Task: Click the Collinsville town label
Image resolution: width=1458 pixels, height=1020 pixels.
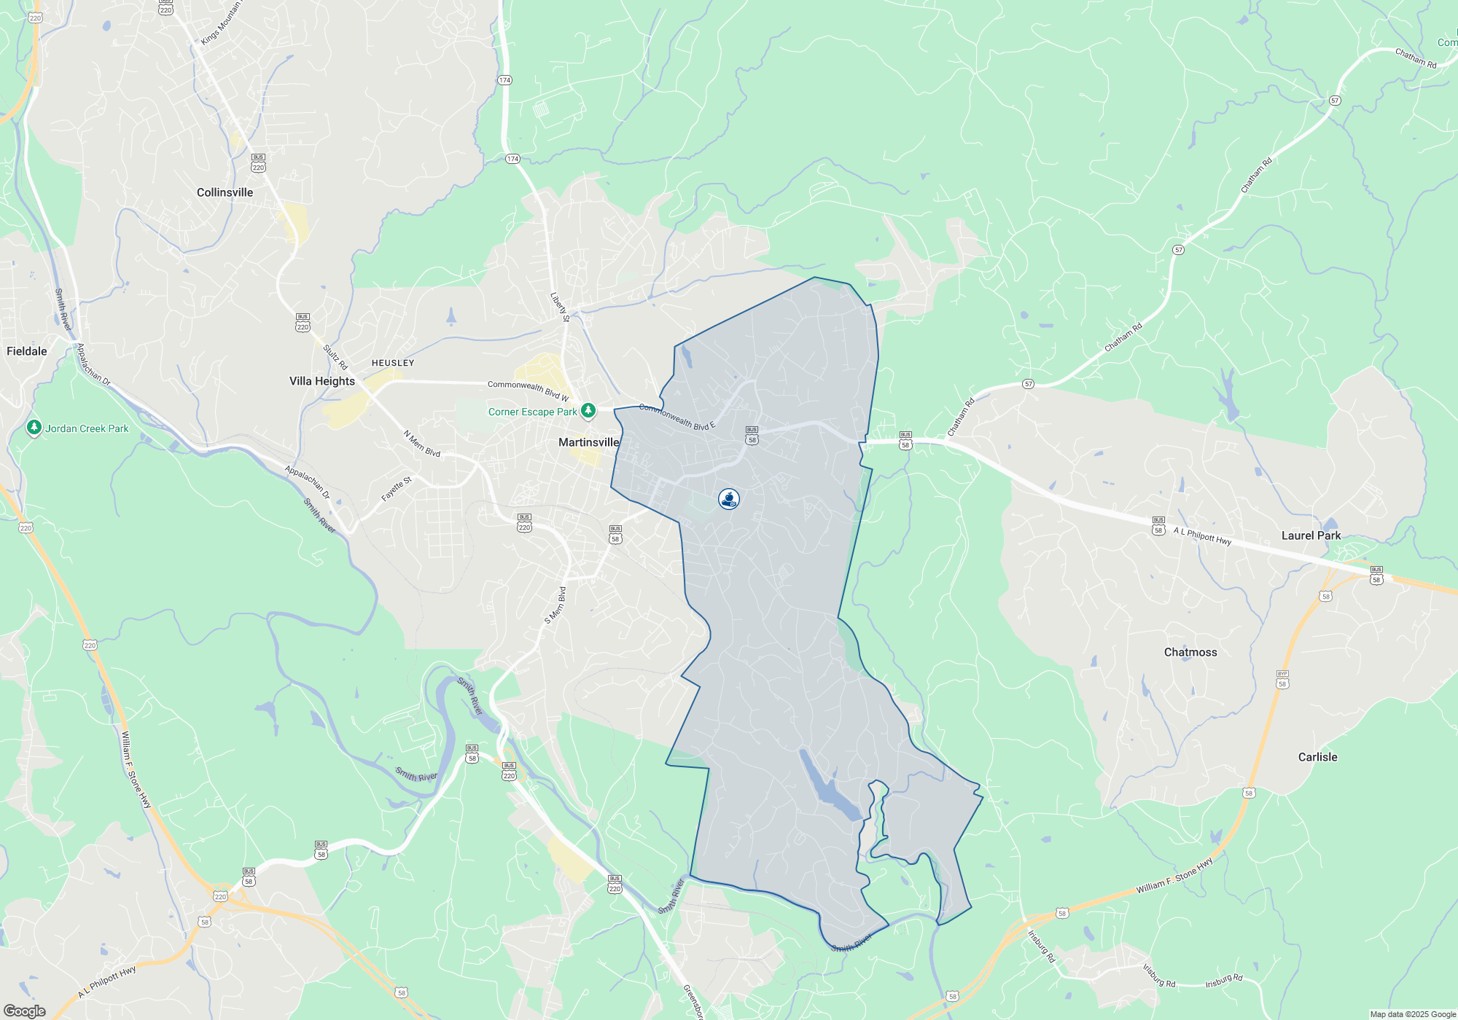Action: (225, 192)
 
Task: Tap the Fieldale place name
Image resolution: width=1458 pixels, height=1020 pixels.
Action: (27, 351)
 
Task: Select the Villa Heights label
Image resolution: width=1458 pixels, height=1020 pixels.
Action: (321, 381)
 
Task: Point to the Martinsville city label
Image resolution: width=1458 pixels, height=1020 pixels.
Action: (588, 442)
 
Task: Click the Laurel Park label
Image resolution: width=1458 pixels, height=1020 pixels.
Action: (1311, 535)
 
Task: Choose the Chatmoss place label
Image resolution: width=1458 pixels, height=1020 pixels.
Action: (1190, 652)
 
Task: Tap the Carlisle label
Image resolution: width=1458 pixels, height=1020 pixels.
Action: (1317, 757)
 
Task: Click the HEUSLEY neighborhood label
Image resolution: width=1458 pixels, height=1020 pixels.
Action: (392, 363)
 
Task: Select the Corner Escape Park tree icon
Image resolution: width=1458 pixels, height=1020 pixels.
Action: (588, 411)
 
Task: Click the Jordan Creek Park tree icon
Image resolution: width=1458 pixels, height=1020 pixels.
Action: (34, 428)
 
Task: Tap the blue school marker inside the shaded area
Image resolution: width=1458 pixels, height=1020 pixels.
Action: (728, 499)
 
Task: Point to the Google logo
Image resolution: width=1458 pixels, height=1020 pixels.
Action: (24, 1011)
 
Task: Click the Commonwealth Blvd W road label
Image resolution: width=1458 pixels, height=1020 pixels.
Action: (528, 390)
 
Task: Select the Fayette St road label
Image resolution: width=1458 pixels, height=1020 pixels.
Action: (397, 489)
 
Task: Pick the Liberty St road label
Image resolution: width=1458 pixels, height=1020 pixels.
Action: (560, 307)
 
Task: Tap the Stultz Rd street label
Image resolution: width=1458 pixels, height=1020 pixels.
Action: (335, 357)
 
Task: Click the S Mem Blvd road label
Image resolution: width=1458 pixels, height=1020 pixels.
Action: (555, 605)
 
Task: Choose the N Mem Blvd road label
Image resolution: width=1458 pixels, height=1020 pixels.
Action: (422, 444)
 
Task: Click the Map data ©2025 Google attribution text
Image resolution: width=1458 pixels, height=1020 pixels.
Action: (1412, 1014)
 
